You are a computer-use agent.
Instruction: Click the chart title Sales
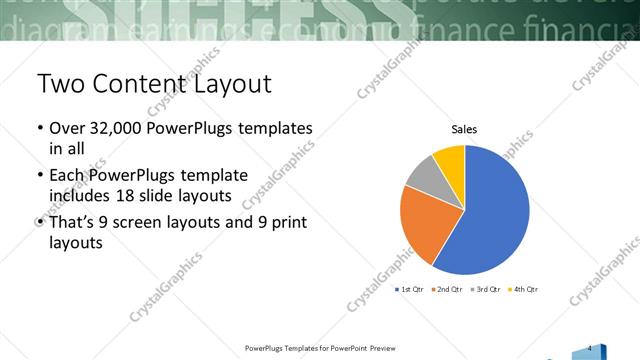click(x=464, y=129)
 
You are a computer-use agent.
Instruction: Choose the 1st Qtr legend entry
click(x=410, y=289)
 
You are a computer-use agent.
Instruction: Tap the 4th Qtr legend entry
click(x=523, y=289)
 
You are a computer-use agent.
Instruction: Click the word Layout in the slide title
click(x=229, y=84)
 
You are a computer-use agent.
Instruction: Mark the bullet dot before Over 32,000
click(x=39, y=130)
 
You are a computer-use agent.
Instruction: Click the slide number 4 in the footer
click(x=590, y=347)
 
